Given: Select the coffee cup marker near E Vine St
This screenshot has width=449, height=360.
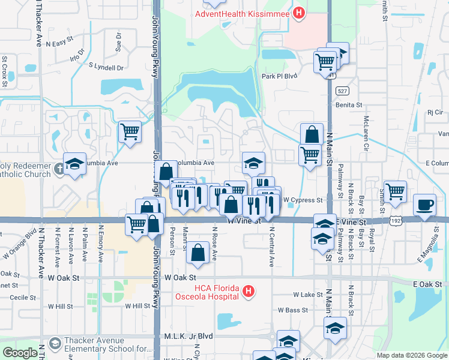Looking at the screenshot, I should click(x=425, y=205).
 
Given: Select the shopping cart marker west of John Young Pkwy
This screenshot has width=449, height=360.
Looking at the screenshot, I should click(x=130, y=131).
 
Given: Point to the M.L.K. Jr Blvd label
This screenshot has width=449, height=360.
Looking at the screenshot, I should click(x=188, y=337).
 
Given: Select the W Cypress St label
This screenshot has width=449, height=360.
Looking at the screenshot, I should click(x=303, y=200).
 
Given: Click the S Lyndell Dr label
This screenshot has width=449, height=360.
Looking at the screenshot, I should click(x=106, y=67).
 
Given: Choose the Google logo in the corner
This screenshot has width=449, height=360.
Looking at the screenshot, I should click(x=20, y=353).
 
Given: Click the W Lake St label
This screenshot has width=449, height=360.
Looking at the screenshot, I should click(x=308, y=295).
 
